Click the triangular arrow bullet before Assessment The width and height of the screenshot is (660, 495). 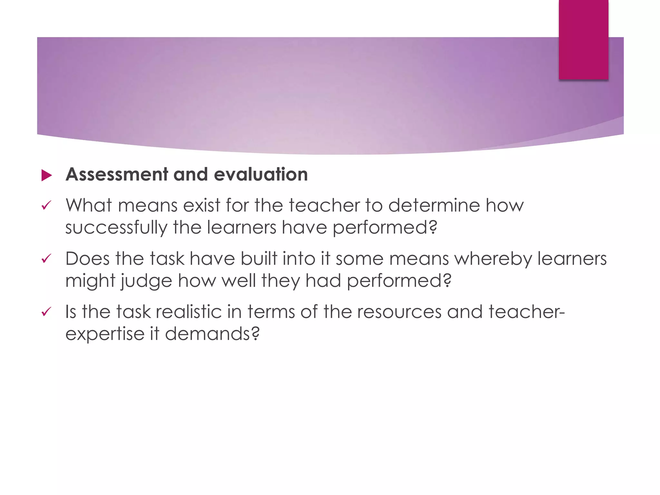click(47, 176)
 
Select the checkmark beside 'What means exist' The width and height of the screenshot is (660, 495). click(46, 206)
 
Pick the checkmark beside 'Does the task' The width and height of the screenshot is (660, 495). click(46, 259)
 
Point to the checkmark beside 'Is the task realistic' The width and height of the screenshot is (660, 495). click(46, 312)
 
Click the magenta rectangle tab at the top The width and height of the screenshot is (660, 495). click(583, 39)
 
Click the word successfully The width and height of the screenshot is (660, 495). click(116, 228)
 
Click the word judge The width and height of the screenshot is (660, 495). click(146, 281)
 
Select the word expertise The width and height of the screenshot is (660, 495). click(105, 334)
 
